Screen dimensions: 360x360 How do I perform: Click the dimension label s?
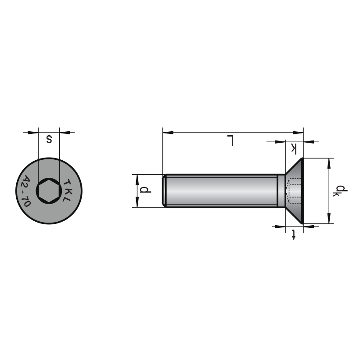point(49,139)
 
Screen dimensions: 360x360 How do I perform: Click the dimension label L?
point(230,141)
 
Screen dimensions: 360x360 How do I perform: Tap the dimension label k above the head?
point(294,148)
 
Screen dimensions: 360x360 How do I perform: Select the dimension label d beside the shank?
point(145,190)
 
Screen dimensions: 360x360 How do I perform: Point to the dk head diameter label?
point(340,191)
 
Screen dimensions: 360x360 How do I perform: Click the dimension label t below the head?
point(293,234)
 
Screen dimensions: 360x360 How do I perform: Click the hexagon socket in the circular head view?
point(49,191)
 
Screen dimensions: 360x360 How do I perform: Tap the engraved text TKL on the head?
point(67,190)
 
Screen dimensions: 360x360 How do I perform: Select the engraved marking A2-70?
point(26,191)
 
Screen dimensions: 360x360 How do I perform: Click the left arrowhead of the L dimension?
point(168,133)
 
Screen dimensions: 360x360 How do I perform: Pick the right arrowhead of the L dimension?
point(298,133)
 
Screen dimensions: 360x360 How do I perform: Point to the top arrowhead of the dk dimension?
point(329,163)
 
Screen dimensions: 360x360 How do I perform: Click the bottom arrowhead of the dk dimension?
point(329,218)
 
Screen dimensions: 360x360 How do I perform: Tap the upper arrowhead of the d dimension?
point(137,180)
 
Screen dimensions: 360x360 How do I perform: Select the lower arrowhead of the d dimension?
point(137,202)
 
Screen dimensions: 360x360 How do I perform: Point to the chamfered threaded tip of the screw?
point(164,191)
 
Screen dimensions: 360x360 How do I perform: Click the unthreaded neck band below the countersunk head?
point(281,191)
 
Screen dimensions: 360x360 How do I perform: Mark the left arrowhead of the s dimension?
point(33,133)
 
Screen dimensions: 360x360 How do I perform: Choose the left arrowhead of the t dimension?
point(280,227)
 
